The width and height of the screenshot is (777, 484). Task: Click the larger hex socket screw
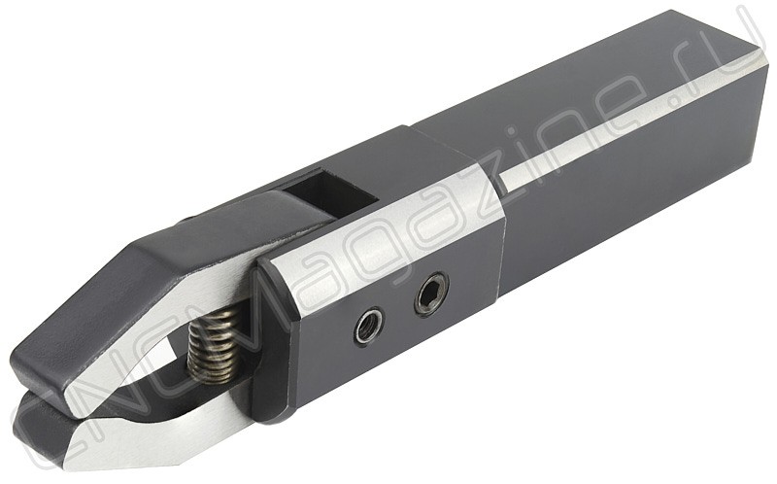pos(431,294)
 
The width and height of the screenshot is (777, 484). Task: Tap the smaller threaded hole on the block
pos(369,327)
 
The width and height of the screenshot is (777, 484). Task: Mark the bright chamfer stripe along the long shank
pos(629,124)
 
